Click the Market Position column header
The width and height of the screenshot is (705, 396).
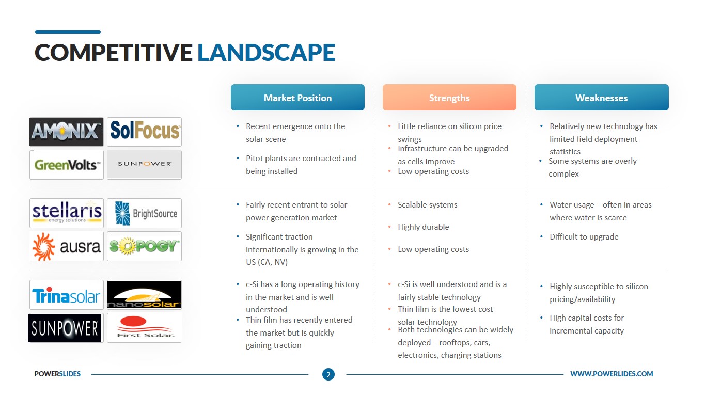pos(297,97)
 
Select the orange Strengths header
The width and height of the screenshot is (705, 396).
pos(449,97)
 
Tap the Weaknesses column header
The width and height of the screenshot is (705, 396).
pos(602,97)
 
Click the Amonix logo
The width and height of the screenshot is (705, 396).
pos(67,132)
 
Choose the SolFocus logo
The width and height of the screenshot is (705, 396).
pos(145,132)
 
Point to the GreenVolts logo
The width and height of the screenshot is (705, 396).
pos(67,165)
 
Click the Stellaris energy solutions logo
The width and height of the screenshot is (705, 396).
pos(67,213)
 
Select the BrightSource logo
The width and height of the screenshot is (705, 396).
pos(145,213)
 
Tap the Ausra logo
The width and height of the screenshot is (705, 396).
pos(67,246)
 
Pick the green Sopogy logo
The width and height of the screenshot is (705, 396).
pos(145,246)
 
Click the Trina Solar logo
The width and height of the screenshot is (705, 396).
pos(67,295)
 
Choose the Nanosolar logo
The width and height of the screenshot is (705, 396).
pos(145,295)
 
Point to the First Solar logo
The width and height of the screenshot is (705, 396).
pos(145,328)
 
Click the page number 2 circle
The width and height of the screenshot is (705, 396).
pos(328,374)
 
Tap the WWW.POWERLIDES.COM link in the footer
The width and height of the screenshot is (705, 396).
pos(612,374)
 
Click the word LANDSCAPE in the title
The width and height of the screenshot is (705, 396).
pos(266,52)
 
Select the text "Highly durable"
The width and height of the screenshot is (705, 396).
pos(424,227)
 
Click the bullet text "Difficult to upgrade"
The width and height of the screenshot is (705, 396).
pos(584,236)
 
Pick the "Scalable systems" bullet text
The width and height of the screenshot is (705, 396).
pos(428,205)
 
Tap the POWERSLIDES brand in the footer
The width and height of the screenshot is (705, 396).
pos(57,374)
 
